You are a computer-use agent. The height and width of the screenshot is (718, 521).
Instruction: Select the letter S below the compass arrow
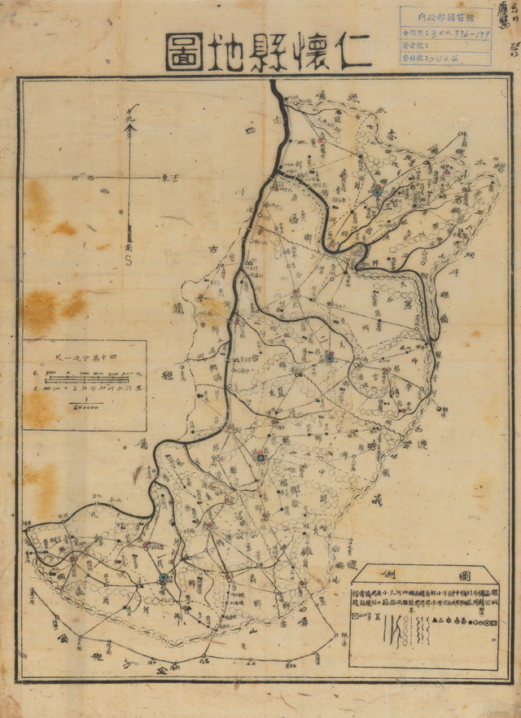tap(129, 259)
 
